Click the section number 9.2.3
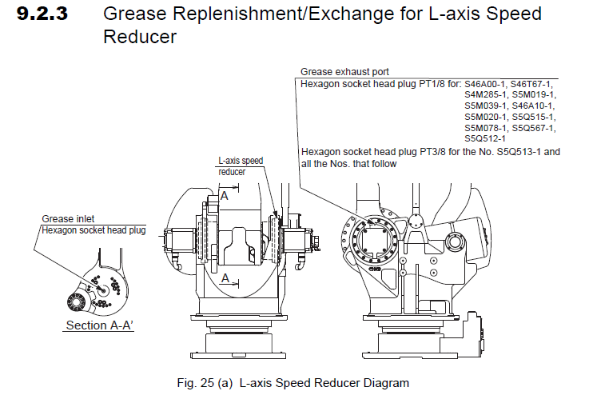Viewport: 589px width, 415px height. click(x=50, y=14)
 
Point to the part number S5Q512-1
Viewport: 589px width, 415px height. click(x=486, y=138)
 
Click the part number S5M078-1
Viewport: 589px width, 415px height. click(x=486, y=127)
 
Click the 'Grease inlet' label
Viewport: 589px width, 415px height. click(x=69, y=218)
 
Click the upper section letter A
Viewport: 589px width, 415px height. click(x=225, y=195)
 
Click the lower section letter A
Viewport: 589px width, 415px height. click(x=225, y=277)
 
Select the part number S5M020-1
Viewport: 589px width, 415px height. click(x=486, y=116)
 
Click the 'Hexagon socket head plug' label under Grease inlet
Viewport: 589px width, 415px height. click(x=94, y=230)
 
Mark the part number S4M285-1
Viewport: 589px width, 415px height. click(x=486, y=94)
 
